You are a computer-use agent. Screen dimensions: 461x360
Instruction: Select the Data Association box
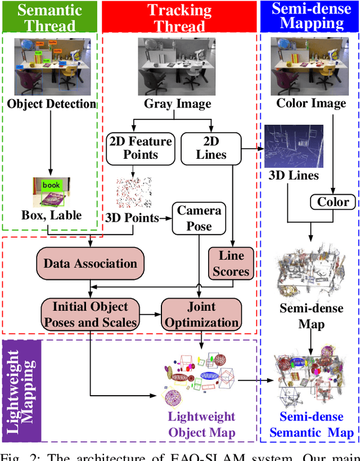[90, 263]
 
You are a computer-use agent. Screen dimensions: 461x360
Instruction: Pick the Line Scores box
[231, 263]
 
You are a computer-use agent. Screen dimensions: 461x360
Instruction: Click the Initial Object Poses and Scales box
[90, 315]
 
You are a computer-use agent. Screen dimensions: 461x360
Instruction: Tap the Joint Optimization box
[201, 315]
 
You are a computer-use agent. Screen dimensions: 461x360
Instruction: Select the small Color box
[333, 202]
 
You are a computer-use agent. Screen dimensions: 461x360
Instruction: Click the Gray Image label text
[178, 104]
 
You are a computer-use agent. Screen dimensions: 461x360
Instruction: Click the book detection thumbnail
[51, 191]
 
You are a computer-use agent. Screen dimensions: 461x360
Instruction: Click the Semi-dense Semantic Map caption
[312, 424]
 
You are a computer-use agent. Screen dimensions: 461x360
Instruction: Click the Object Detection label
[52, 104]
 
